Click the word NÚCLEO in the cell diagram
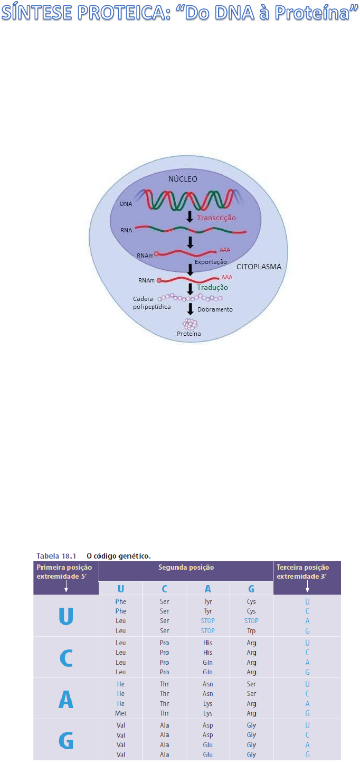coord(183,179)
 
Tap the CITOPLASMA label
coord(259,267)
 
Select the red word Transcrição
coord(216,218)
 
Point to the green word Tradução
coord(212,287)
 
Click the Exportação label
coord(211,262)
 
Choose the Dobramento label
coord(215,309)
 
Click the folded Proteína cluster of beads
coord(190,323)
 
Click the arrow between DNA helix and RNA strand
coord(190,217)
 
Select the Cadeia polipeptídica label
coord(152,303)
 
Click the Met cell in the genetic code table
coord(120,713)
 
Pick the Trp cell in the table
coord(251,630)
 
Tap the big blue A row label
coord(66,699)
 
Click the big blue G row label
coord(66,740)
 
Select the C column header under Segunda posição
coord(164,587)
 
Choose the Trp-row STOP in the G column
coord(251,621)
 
